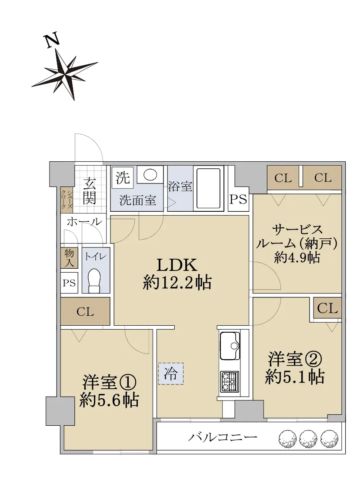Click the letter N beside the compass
click(x=52, y=41)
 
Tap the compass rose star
click(x=65, y=74)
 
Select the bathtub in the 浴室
click(x=208, y=188)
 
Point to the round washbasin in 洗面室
click(x=150, y=175)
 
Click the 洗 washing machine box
click(x=123, y=177)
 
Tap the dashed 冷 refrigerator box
click(x=171, y=374)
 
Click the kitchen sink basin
click(x=230, y=345)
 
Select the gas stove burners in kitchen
click(x=230, y=381)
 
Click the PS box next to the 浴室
click(x=238, y=199)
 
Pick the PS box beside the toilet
click(x=69, y=283)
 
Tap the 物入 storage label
click(x=69, y=258)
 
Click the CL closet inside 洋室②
click(x=327, y=308)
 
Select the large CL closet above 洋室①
click(x=85, y=311)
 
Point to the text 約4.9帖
click(x=297, y=258)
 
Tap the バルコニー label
click(x=223, y=437)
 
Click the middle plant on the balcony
click(x=308, y=438)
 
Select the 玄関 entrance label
click(x=89, y=191)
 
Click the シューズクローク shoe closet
click(x=67, y=199)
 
